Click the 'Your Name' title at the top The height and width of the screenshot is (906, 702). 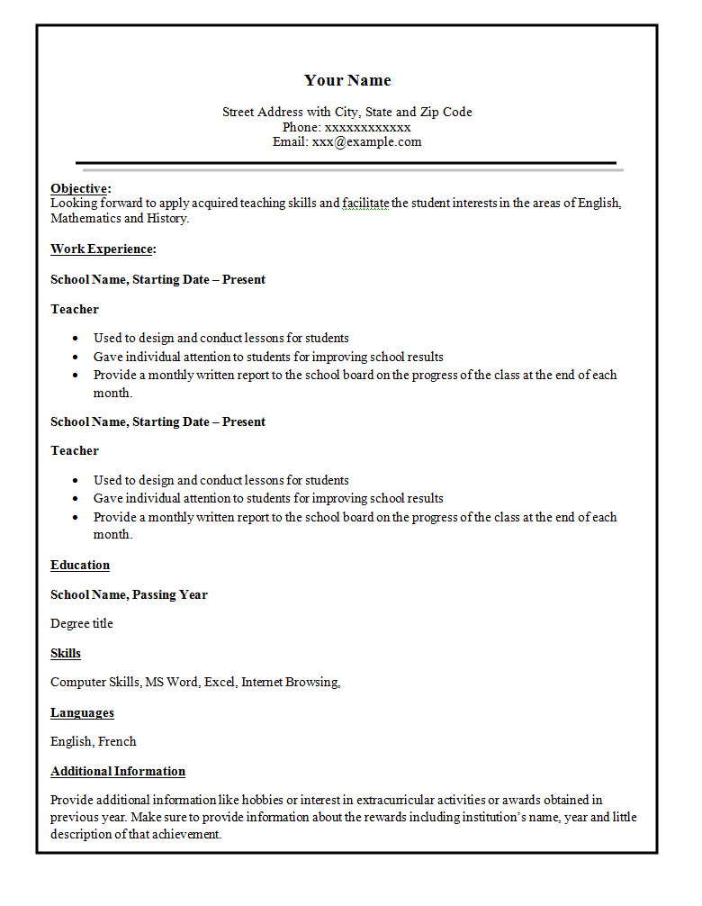click(x=347, y=80)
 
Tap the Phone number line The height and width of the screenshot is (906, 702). click(x=346, y=127)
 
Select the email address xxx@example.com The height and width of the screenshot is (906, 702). click(x=366, y=141)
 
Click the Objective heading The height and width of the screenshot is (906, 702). click(x=80, y=188)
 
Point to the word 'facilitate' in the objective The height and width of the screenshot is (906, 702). click(x=365, y=203)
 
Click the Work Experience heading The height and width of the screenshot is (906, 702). click(x=103, y=249)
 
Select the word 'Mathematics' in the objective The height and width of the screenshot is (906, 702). click(x=85, y=218)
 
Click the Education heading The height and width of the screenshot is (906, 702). click(x=80, y=565)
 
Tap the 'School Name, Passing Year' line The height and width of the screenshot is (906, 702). click(x=129, y=594)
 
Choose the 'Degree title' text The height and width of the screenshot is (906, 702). click(x=82, y=623)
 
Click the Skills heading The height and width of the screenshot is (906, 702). click(x=66, y=653)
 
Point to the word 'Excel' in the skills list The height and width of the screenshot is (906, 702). click(x=219, y=682)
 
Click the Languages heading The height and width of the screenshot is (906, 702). click(x=82, y=712)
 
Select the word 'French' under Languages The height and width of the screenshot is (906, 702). click(x=117, y=741)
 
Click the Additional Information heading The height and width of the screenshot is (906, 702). click(x=118, y=771)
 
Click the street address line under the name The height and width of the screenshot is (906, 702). click(x=346, y=112)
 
